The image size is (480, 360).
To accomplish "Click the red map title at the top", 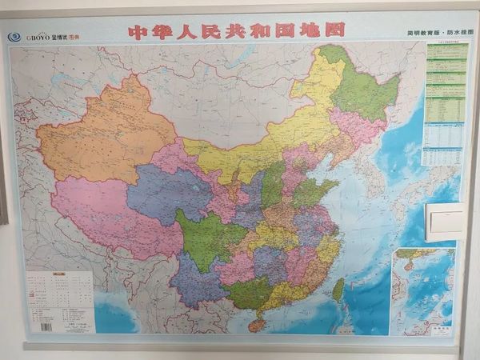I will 237,30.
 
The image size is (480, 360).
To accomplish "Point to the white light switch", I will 445,222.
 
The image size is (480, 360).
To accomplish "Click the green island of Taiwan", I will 338,290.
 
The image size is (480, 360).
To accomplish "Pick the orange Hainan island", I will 257,325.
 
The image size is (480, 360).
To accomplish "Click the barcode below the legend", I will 46,326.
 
